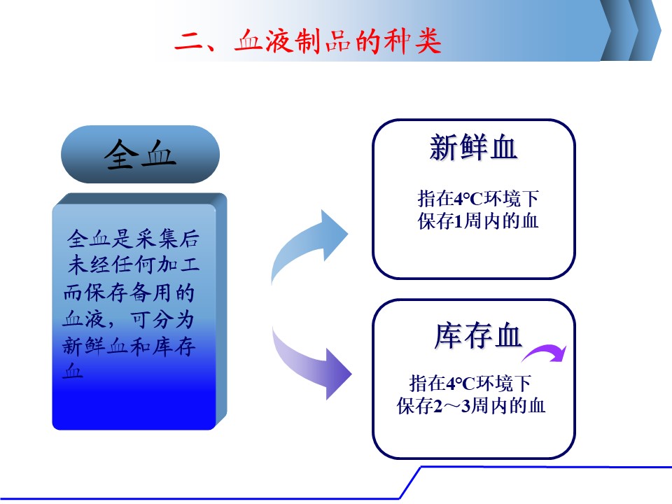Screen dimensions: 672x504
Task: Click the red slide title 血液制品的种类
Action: (x=338, y=41)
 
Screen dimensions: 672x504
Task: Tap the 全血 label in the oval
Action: (x=140, y=154)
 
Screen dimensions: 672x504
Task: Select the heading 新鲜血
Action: (x=473, y=148)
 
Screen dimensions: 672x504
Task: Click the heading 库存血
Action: (x=478, y=335)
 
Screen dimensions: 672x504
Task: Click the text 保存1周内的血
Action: (x=478, y=221)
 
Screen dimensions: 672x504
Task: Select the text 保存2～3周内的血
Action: (x=471, y=406)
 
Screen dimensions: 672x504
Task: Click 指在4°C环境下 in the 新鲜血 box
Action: (x=478, y=198)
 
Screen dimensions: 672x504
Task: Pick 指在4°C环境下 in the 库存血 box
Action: (x=470, y=383)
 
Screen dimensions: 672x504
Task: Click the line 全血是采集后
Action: (x=133, y=238)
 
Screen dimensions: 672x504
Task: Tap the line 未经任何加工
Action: (x=133, y=265)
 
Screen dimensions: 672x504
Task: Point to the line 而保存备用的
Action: (x=129, y=293)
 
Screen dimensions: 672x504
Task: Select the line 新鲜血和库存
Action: (x=129, y=346)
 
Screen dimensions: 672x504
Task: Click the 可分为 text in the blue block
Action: (x=162, y=319)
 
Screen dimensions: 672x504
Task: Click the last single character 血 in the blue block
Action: (x=72, y=370)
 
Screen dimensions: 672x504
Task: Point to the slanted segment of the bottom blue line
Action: (x=409, y=483)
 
